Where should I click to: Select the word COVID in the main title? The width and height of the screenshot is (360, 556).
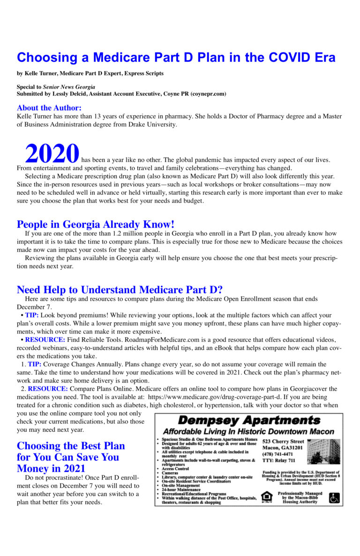coord(291,58)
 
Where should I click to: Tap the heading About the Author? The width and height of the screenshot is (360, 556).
coord(49,107)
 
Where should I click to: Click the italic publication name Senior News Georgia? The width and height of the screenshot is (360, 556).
coord(69,87)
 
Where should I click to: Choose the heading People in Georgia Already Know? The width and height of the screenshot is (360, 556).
coord(96,224)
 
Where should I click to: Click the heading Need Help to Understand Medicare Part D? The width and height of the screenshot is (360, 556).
coord(120,289)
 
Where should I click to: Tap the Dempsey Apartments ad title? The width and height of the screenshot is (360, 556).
coord(249,420)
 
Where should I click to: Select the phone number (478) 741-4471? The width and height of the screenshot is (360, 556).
coord(277,454)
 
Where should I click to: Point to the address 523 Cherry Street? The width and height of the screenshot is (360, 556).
coord(283,442)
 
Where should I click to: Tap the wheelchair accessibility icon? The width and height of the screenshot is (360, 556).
coord(334,497)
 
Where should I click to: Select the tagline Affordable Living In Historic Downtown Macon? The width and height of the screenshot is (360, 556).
coord(248,431)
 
